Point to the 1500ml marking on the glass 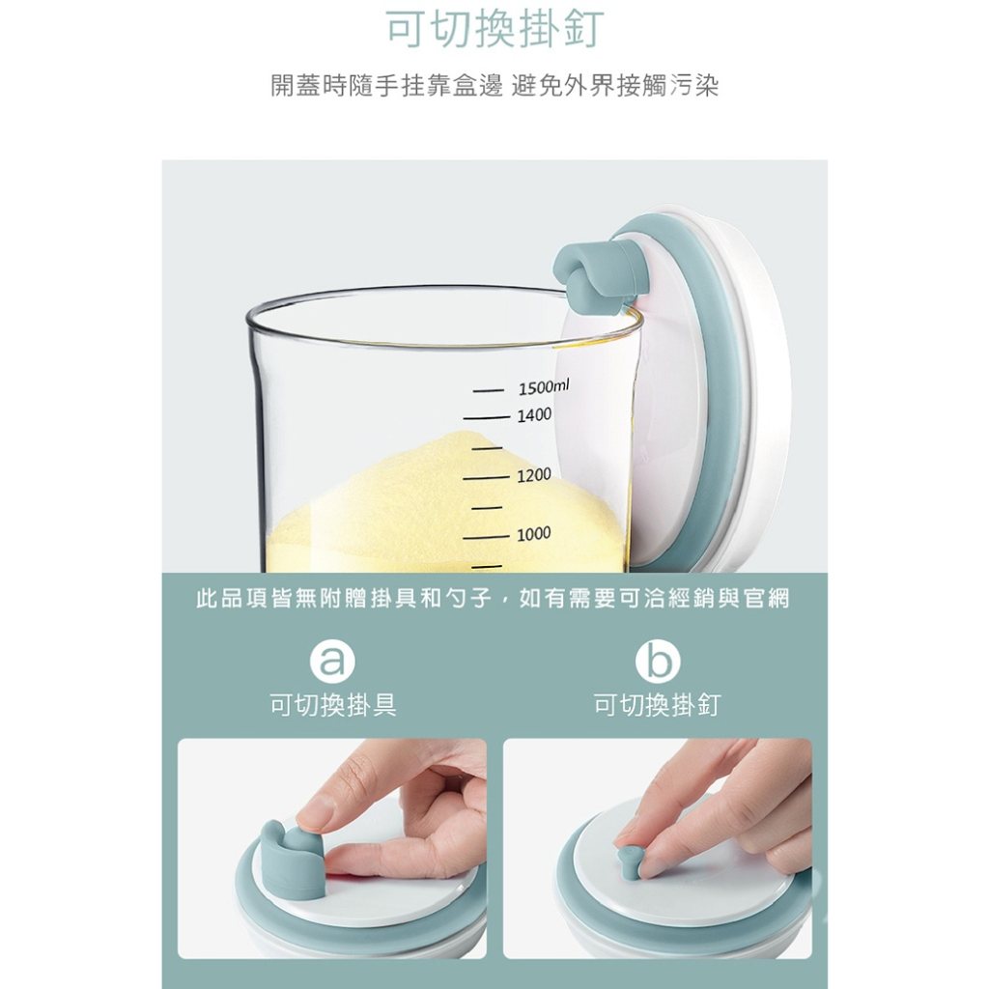[x=543, y=386]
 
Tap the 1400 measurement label [x=534, y=415]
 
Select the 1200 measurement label [x=534, y=474]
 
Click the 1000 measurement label [x=534, y=534]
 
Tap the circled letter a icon [x=332, y=661]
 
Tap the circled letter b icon [x=657, y=661]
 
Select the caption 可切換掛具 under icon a [x=333, y=704]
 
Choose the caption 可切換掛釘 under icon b [x=657, y=704]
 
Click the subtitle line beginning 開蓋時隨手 [x=495, y=86]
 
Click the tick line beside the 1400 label [x=487, y=417]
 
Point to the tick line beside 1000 [x=487, y=538]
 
